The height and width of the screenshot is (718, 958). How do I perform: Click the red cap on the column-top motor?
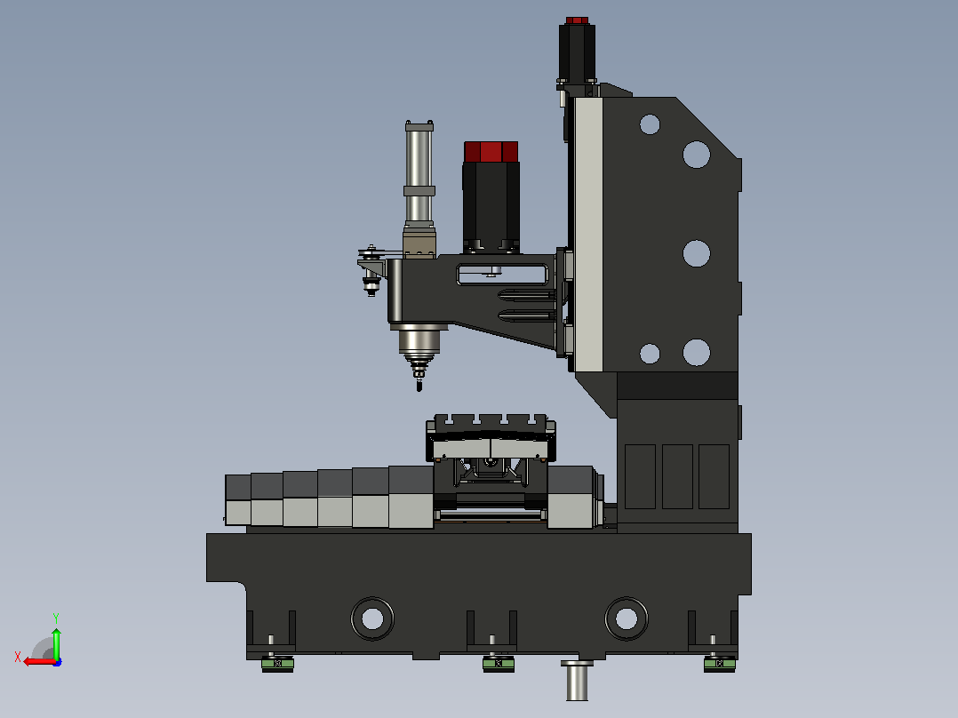pos(577,20)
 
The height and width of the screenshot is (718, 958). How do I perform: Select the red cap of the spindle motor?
pos(491,152)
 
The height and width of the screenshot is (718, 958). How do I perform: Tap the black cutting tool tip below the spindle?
pos(419,385)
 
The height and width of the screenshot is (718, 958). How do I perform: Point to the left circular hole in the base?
pos(372,618)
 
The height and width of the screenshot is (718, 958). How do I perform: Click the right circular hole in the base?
pos(627,618)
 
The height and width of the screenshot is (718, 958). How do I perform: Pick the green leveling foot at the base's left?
pos(277,664)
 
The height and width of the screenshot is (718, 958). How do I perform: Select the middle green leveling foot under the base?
pos(499,664)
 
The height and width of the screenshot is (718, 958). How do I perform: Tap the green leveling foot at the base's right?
pos(720,664)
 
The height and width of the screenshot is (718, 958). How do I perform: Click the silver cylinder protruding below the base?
pos(577,680)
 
